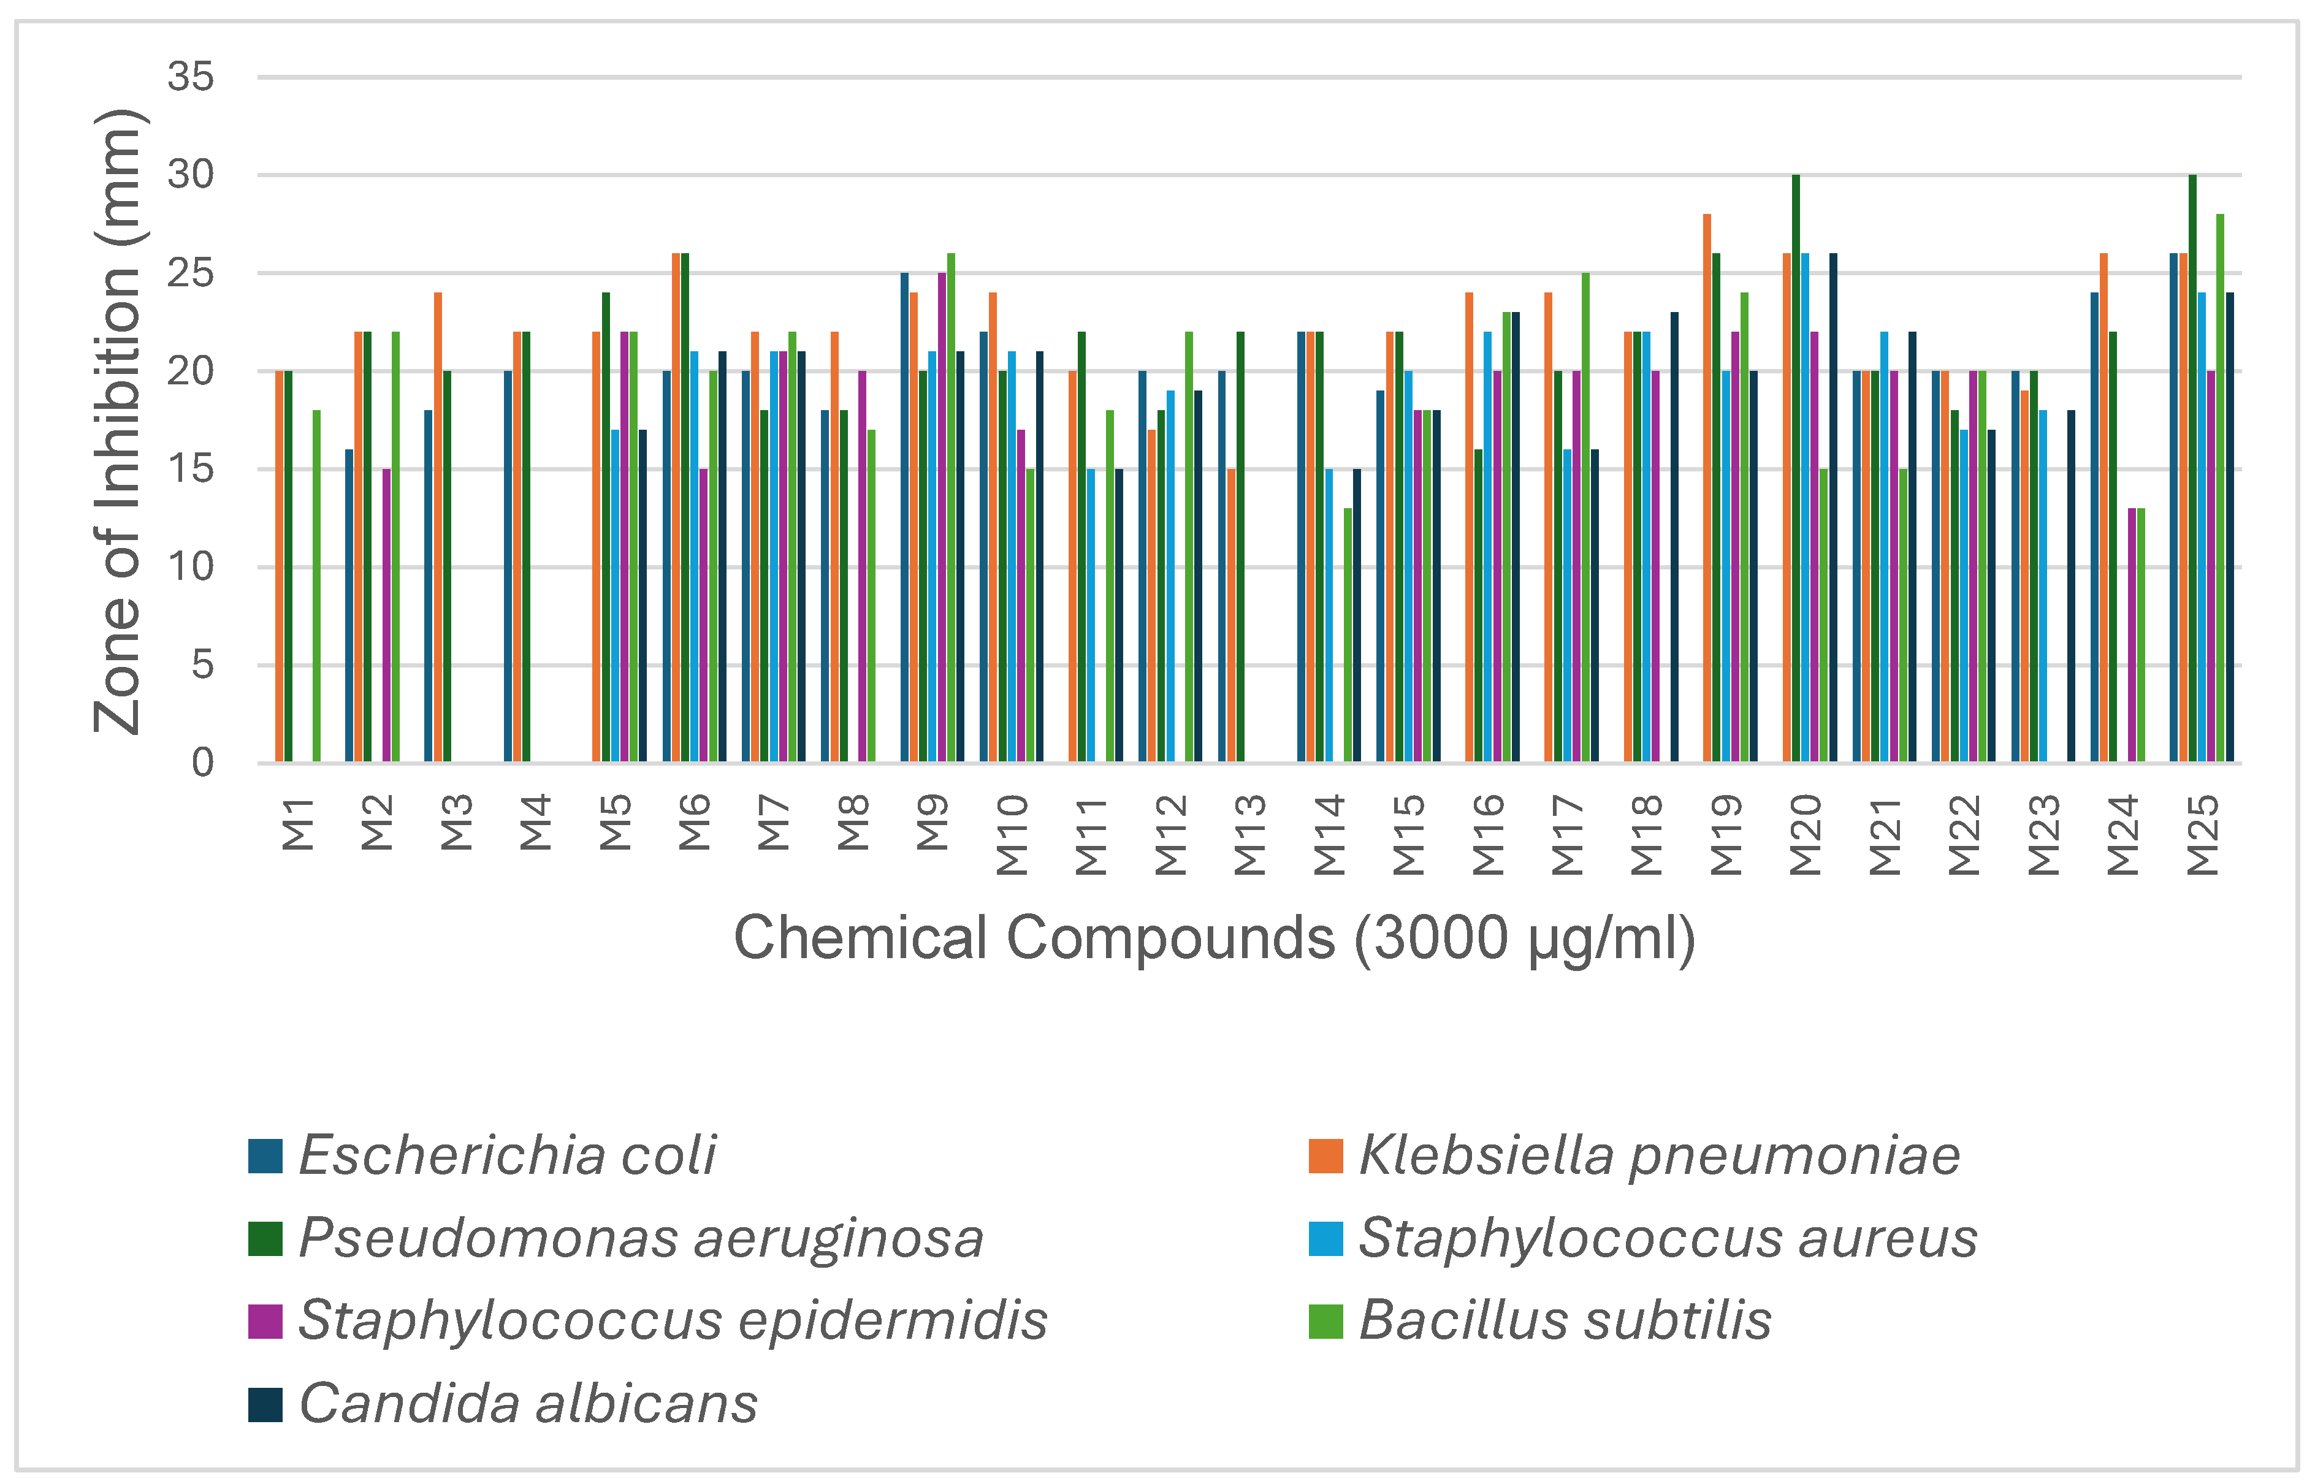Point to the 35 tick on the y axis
191,77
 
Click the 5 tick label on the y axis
202,664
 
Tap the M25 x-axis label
2202,835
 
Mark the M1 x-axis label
298,824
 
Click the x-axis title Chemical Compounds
1214,938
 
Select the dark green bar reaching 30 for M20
1796,470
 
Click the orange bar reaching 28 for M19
1707,489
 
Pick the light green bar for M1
316,587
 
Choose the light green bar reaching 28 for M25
2221,489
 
